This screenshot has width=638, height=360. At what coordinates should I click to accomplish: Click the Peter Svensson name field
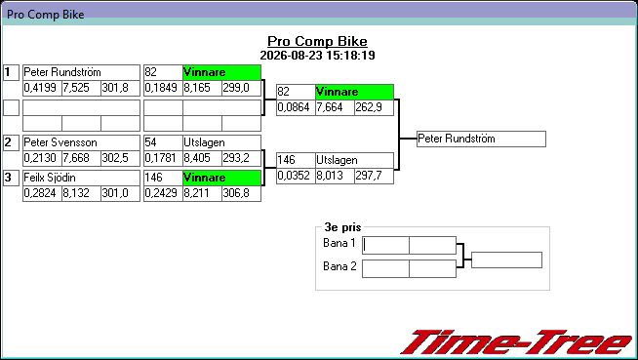click(81, 142)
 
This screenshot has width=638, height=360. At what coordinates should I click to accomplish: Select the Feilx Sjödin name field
click(81, 178)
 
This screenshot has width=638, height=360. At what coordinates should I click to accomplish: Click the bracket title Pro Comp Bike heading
click(317, 41)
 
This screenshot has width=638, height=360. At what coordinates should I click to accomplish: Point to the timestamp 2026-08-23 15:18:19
click(317, 56)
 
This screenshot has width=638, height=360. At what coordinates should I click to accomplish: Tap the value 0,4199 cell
click(42, 88)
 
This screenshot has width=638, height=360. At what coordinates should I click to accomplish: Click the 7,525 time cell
click(81, 88)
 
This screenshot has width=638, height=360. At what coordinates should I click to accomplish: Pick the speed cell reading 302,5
click(120, 158)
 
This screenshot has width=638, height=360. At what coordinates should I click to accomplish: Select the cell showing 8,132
click(81, 193)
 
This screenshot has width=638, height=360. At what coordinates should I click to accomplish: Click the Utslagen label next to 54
click(221, 142)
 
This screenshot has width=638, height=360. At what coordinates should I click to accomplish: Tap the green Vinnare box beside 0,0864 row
click(354, 92)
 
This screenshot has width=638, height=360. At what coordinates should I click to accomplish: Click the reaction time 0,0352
click(296, 177)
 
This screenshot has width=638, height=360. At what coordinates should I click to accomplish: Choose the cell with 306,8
click(241, 193)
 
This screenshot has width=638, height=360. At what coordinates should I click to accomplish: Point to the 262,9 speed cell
click(374, 107)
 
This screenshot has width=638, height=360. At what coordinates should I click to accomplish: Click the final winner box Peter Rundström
click(481, 139)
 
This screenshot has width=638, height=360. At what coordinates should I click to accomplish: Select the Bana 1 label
click(339, 243)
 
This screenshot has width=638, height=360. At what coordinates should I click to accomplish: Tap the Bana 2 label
click(339, 266)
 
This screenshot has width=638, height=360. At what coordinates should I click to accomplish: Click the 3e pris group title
click(342, 227)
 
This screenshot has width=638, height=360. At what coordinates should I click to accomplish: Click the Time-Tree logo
click(515, 342)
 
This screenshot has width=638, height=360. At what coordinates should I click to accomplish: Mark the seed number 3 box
click(11, 178)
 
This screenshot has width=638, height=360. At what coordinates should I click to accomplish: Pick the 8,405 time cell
click(202, 158)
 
